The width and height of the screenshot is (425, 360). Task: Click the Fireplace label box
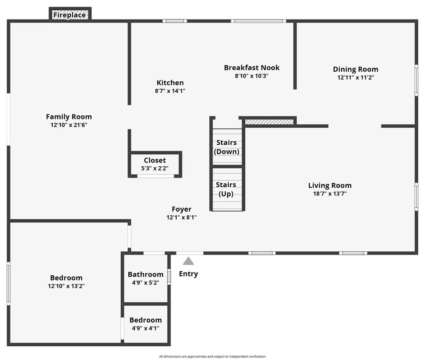pos(70,14)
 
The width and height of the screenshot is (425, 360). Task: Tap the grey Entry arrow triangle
pos(188,261)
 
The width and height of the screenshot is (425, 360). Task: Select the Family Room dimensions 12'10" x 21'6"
pos(69,125)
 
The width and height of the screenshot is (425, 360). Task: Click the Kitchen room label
pos(170,83)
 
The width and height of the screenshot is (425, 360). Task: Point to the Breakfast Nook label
pos(252,68)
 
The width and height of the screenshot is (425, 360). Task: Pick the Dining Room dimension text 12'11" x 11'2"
pos(356,78)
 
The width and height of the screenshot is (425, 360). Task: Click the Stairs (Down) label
pos(227,147)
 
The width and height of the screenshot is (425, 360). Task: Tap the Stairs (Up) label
pos(226,189)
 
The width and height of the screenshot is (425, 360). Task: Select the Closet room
pos(155,164)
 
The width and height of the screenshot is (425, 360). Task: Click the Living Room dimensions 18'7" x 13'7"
pos(330,194)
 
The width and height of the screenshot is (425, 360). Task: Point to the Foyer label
pos(182,209)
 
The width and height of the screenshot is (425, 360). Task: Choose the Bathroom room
pos(146,278)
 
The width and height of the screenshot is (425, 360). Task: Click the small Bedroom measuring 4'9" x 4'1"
pos(146,324)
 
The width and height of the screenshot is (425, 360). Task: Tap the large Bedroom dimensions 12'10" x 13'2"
pos(66,286)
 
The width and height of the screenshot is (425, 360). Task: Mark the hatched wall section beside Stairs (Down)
pos(269,122)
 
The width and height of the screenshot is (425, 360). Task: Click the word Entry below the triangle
pos(188,274)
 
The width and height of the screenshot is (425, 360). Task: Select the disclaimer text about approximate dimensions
pos(212,357)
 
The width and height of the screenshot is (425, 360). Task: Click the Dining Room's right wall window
pos(416,80)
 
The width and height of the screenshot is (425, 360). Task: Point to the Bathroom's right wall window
pos(169,277)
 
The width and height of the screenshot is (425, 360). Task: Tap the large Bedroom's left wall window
pos(8,283)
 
